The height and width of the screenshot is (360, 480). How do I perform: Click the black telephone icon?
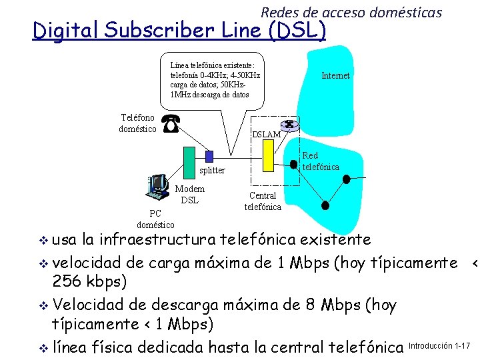[x=171, y=123]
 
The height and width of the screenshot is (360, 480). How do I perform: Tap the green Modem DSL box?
[x=189, y=163]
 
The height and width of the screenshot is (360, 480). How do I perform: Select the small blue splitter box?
[x=209, y=157]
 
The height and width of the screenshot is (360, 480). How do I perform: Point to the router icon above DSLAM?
[x=290, y=125]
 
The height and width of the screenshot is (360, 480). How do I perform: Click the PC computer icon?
[x=157, y=187]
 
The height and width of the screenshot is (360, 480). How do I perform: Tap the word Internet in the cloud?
[x=335, y=76]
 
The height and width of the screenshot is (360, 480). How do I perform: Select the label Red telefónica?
[x=321, y=161]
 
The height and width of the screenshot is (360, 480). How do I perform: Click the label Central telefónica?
[x=263, y=201]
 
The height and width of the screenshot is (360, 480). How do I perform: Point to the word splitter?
[x=213, y=171]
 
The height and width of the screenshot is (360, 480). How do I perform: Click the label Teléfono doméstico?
[x=137, y=123]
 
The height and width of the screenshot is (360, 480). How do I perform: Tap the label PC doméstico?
[x=155, y=219]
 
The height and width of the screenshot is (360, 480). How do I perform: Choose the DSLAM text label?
[x=266, y=135]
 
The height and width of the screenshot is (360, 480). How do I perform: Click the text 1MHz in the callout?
[x=181, y=95]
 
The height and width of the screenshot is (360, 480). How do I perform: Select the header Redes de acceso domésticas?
[x=351, y=12]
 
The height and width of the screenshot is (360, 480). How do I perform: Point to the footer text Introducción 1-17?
[x=439, y=346]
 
